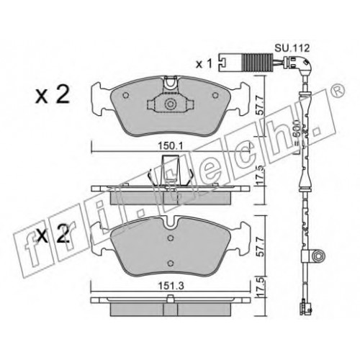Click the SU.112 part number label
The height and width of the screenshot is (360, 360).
coord(292,48)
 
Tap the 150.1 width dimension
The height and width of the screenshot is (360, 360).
coord(170,145)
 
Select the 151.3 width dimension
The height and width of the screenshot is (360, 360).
coord(171,286)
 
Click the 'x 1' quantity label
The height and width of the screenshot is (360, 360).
coord(204,64)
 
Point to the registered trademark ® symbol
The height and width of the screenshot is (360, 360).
coord(339,90)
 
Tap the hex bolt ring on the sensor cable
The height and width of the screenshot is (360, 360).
coord(318,256)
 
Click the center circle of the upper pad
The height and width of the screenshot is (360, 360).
coord(170,104)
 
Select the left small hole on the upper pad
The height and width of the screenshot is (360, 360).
coord(125,95)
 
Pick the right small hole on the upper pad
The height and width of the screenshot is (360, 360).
coord(215,95)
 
